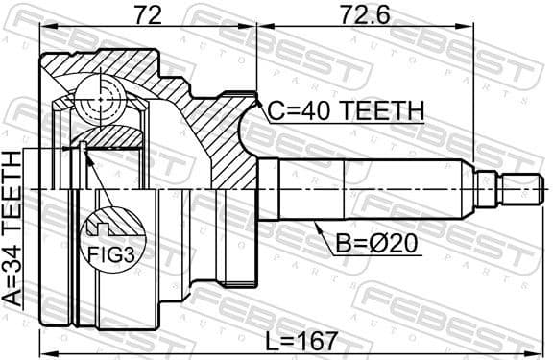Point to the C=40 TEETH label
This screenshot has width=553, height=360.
[x=345, y=111]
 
